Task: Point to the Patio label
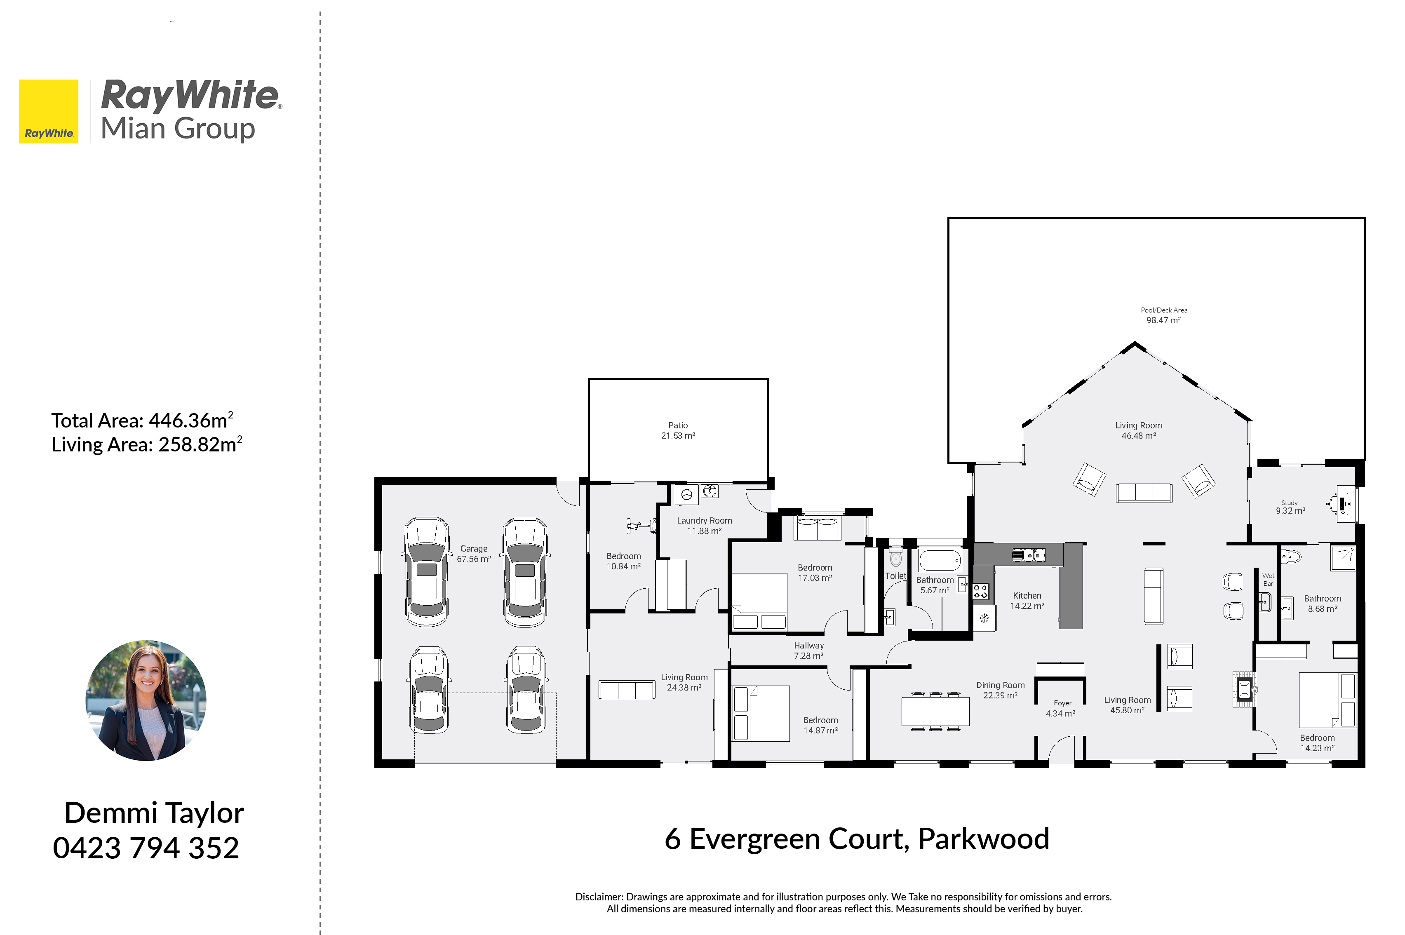click(x=678, y=425)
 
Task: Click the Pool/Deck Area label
click(x=1163, y=310)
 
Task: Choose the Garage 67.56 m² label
click(x=474, y=553)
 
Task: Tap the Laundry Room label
click(x=704, y=521)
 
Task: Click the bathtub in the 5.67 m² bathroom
click(x=939, y=561)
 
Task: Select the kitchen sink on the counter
click(x=1028, y=555)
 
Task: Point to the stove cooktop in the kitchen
click(x=980, y=592)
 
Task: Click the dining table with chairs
click(x=935, y=711)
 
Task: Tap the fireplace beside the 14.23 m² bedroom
click(x=1244, y=689)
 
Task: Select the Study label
click(x=1289, y=503)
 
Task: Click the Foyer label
click(x=1062, y=703)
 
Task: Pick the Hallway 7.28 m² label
click(x=808, y=651)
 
